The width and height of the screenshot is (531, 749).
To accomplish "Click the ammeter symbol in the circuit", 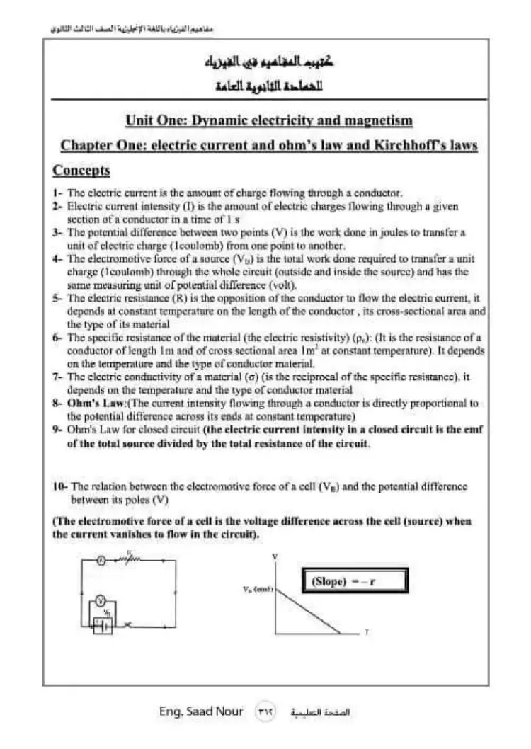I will point(102,560).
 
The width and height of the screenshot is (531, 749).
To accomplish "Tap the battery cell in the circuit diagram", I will point(101,626).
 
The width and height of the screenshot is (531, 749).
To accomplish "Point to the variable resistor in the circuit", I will point(132,559).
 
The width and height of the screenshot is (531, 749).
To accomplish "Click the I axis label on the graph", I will point(366,632).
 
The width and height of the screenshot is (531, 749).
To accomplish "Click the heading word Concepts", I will point(81,171).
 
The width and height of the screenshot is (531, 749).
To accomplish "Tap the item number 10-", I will point(60,486).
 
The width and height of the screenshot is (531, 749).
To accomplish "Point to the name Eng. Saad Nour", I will point(201,711).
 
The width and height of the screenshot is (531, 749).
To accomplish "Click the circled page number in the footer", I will point(265,711).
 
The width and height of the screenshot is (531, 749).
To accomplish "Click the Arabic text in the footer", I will point(320,711).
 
